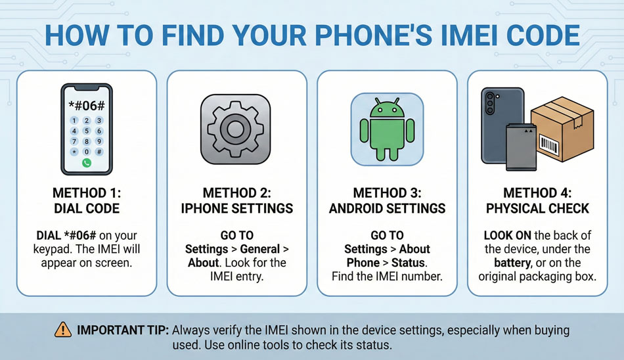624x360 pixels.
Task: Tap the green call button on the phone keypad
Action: pyautogui.click(x=86, y=162)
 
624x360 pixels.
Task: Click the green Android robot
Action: pyautogui.click(x=386, y=129)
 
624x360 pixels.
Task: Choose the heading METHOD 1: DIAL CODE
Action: pyautogui.click(x=86, y=200)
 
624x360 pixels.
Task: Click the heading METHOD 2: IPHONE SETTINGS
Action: pyautogui.click(x=236, y=200)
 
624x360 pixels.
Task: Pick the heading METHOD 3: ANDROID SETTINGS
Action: pyautogui.click(x=386, y=200)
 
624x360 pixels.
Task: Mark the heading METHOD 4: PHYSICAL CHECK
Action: pyautogui.click(x=537, y=200)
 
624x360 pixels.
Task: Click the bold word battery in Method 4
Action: pyautogui.click(x=503, y=263)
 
